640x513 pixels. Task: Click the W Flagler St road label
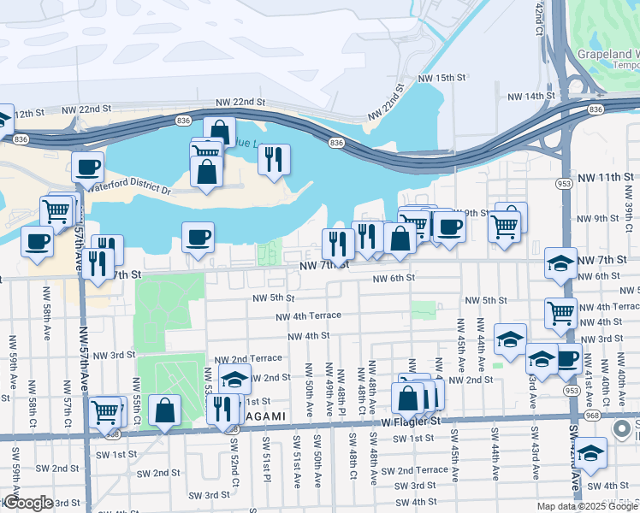(x=411, y=421)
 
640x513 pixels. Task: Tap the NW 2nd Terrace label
(x=247, y=358)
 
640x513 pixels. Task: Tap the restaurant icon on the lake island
(x=274, y=159)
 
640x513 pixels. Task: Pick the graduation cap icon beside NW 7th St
(x=560, y=262)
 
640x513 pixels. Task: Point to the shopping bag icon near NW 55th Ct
(x=164, y=410)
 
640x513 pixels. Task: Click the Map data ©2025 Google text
(x=587, y=506)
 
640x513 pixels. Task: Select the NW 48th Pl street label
(x=341, y=386)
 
